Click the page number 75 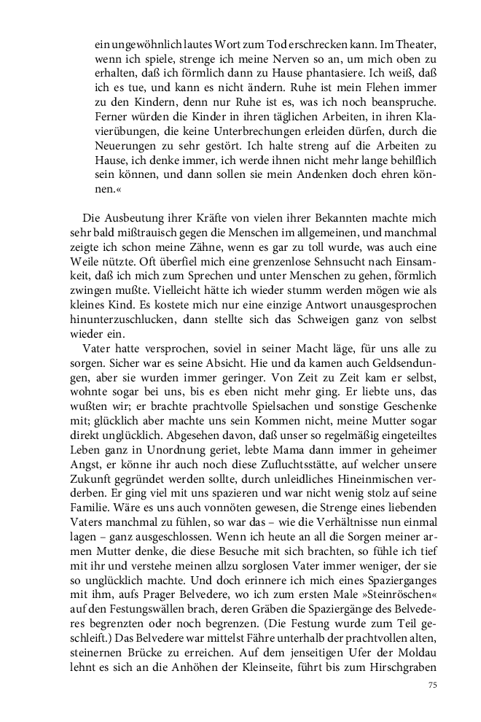click(x=431, y=685)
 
